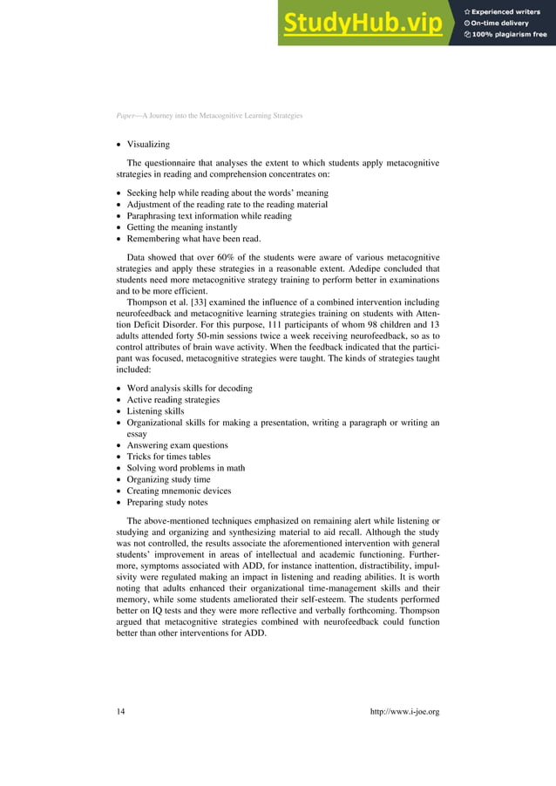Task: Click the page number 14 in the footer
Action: (x=121, y=712)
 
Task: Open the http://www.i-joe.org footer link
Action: (x=404, y=712)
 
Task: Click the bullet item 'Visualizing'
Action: (x=148, y=145)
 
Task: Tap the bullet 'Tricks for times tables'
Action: (x=168, y=456)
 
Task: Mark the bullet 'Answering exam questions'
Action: (x=174, y=444)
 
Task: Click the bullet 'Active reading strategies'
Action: (x=173, y=400)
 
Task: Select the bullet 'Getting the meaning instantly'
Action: (x=181, y=227)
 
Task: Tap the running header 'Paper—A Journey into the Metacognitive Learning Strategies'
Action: (x=208, y=116)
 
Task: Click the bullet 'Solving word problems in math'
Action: (x=186, y=467)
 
